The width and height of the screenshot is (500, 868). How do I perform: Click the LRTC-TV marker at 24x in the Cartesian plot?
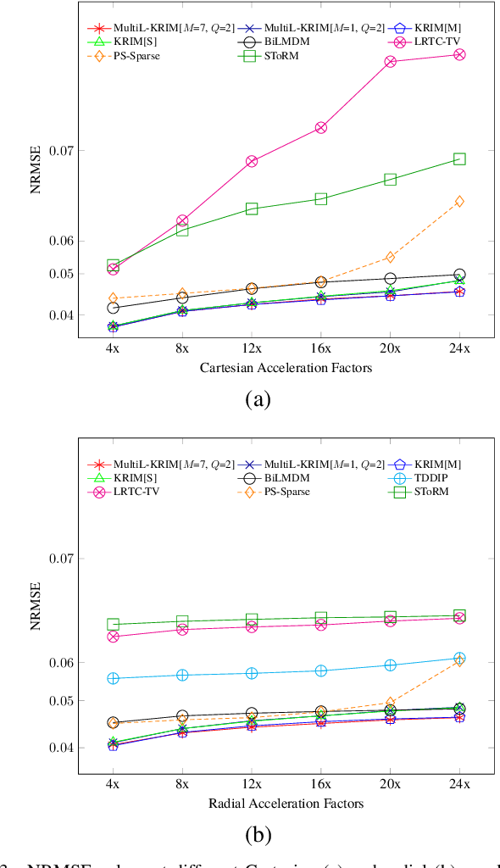pos(459,54)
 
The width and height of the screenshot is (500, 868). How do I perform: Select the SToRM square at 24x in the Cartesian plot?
pos(459,159)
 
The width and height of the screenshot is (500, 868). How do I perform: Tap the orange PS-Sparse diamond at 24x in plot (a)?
pos(459,201)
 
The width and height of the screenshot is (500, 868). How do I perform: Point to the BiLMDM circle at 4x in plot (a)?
pos(113,308)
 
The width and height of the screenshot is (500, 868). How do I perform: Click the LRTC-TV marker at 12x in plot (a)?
pos(252,161)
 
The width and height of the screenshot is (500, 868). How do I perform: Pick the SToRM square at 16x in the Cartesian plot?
pos(321,198)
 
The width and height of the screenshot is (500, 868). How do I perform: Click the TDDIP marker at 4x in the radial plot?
pos(113,678)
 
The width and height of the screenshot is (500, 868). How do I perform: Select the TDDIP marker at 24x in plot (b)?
pos(459,658)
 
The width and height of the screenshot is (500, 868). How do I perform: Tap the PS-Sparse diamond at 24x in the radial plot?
pos(459,661)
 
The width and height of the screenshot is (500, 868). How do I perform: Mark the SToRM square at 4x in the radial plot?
pos(113,625)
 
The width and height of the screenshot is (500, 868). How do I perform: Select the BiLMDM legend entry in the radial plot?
pos(277,477)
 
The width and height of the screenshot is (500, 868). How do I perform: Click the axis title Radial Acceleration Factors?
pos(286,803)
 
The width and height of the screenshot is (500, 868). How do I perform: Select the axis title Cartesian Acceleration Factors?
pos(286,368)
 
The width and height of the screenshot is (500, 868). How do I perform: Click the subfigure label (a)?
pos(257,399)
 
